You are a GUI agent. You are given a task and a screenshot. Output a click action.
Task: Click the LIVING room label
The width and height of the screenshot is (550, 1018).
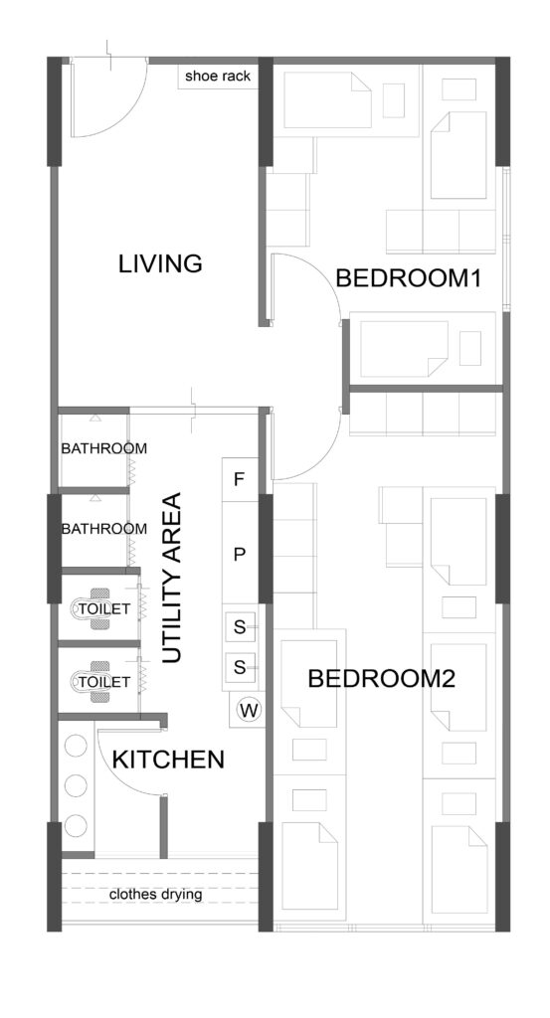[x=160, y=264]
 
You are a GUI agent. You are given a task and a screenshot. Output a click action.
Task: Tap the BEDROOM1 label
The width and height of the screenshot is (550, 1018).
[x=408, y=278]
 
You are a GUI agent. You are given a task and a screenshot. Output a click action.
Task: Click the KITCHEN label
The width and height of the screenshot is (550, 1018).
[x=168, y=761]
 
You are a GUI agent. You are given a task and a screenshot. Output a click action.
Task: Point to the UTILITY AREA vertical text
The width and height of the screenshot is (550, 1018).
[x=171, y=578]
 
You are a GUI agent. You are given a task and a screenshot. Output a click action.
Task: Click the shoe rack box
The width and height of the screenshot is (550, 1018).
[x=218, y=76]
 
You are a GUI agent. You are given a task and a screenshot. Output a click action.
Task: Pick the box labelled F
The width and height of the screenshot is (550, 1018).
[x=239, y=479]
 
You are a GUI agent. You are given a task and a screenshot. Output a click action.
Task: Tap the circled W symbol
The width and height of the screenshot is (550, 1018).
[x=249, y=710]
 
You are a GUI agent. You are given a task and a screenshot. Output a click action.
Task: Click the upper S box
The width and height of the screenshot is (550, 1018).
[x=240, y=627]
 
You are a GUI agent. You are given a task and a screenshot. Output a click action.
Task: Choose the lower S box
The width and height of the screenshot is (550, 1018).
[x=240, y=667]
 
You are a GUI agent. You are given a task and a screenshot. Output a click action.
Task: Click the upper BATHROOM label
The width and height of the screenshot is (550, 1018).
[x=104, y=448]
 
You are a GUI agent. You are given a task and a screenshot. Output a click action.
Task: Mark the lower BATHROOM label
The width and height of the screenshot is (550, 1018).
[x=104, y=529]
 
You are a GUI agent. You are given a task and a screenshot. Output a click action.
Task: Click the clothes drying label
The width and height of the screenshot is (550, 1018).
[x=155, y=895]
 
